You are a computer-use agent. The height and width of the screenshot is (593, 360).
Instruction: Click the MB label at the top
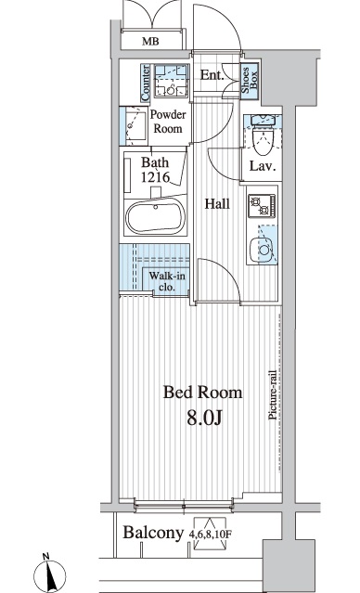coord(149,42)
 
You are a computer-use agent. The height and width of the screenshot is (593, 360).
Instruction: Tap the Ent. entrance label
coord(212,76)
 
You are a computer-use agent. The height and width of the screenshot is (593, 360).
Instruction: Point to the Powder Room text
coord(168,122)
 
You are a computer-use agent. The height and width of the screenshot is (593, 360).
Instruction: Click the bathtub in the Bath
coord(156,218)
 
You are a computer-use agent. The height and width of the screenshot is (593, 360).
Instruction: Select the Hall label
coord(218,204)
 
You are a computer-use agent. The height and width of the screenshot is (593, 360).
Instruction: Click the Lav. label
coord(260,167)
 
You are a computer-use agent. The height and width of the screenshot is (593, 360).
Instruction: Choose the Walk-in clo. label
coord(167,280)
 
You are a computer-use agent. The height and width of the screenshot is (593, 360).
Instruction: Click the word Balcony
coord(153,533)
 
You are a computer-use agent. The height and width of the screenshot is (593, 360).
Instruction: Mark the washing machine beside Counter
coord(170,83)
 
